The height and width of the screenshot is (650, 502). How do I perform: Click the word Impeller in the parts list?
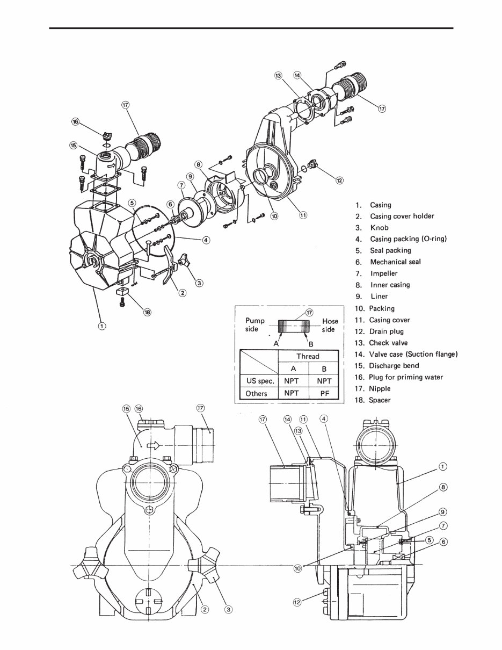pyautogui.click(x=383, y=273)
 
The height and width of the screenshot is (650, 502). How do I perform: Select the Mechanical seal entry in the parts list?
pyautogui.click(x=395, y=262)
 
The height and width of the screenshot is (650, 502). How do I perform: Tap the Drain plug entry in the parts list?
pyautogui.click(x=385, y=331)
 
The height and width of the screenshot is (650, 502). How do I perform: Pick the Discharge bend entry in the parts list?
pyautogui.click(x=394, y=365)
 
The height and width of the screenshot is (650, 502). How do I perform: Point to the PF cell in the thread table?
pyautogui.click(x=323, y=393)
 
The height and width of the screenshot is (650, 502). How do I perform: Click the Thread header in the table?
pyautogui.click(x=308, y=356)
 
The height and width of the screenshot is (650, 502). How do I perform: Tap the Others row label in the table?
pyautogui.click(x=256, y=393)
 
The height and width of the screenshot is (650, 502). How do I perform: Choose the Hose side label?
pyautogui.click(x=330, y=325)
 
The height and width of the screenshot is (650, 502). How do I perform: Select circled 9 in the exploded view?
pyautogui.click(x=190, y=176)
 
